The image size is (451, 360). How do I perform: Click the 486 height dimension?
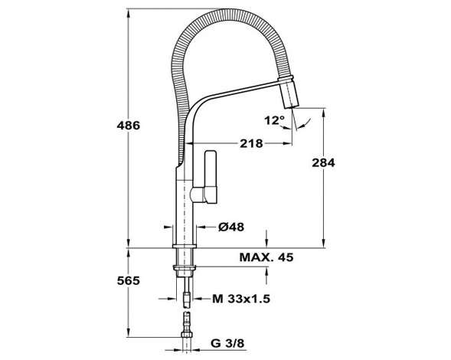pos(129,126)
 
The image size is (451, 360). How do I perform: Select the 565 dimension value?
pos(129,280)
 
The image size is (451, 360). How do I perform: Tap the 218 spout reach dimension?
pos(251,143)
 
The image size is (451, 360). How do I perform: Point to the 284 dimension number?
pos(324,163)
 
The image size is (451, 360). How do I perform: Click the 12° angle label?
pos(274,120)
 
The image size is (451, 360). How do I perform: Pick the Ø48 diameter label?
pos(231,227)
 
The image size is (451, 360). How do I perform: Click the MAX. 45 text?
pos(266,257)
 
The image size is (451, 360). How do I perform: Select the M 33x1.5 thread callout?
pos(241,299)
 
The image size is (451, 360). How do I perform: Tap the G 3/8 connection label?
pos(227,343)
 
